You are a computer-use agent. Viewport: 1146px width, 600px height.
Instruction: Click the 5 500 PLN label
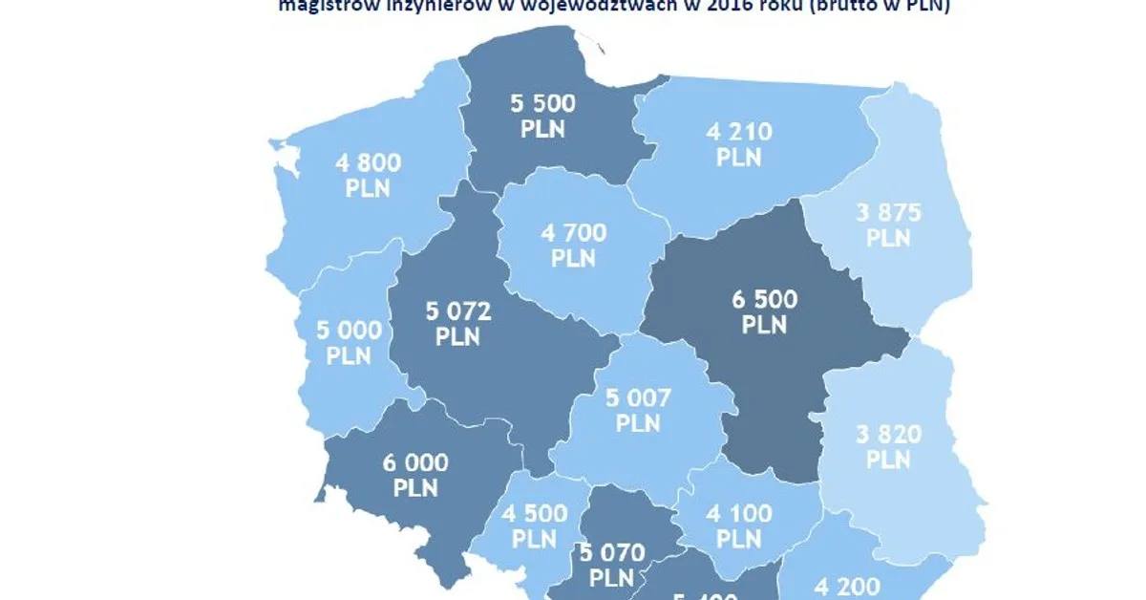(542, 115)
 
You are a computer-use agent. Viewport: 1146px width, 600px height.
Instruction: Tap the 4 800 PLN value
(369, 174)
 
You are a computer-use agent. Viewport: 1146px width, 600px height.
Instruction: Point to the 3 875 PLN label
(888, 225)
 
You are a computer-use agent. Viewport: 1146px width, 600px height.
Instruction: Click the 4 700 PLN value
(573, 245)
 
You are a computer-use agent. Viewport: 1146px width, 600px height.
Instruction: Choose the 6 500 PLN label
(764, 311)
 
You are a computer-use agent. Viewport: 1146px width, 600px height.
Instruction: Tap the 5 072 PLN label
(457, 323)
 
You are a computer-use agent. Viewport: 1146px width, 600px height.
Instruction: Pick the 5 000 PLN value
(349, 342)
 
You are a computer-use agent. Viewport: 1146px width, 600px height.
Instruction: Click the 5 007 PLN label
(638, 408)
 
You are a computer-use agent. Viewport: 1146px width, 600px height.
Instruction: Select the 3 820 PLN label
(888, 446)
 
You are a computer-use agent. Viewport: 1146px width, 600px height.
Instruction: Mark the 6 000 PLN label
(415, 474)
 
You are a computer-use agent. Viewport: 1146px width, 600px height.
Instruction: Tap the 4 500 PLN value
(534, 525)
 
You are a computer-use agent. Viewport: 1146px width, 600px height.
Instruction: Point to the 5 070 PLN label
(611, 564)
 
